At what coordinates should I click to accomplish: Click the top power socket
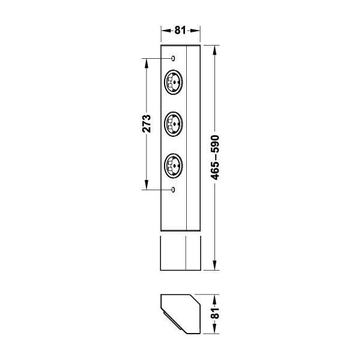(x=174, y=82)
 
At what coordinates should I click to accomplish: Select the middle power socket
(x=174, y=124)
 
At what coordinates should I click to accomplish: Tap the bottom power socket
(x=174, y=166)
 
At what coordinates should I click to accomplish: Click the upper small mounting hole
(x=173, y=58)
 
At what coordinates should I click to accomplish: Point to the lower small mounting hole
(x=173, y=190)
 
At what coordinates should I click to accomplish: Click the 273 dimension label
(x=147, y=124)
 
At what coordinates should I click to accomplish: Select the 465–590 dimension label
(x=215, y=158)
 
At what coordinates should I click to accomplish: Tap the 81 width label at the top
(x=180, y=30)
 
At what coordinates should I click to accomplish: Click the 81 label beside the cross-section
(x=215, y=313)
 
